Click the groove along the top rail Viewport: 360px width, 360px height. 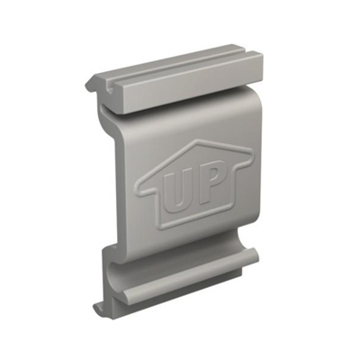tap(171, 76)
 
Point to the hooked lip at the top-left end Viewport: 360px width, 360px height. tap(93, 85)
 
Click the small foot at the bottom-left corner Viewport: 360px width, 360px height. tap(98, 309)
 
